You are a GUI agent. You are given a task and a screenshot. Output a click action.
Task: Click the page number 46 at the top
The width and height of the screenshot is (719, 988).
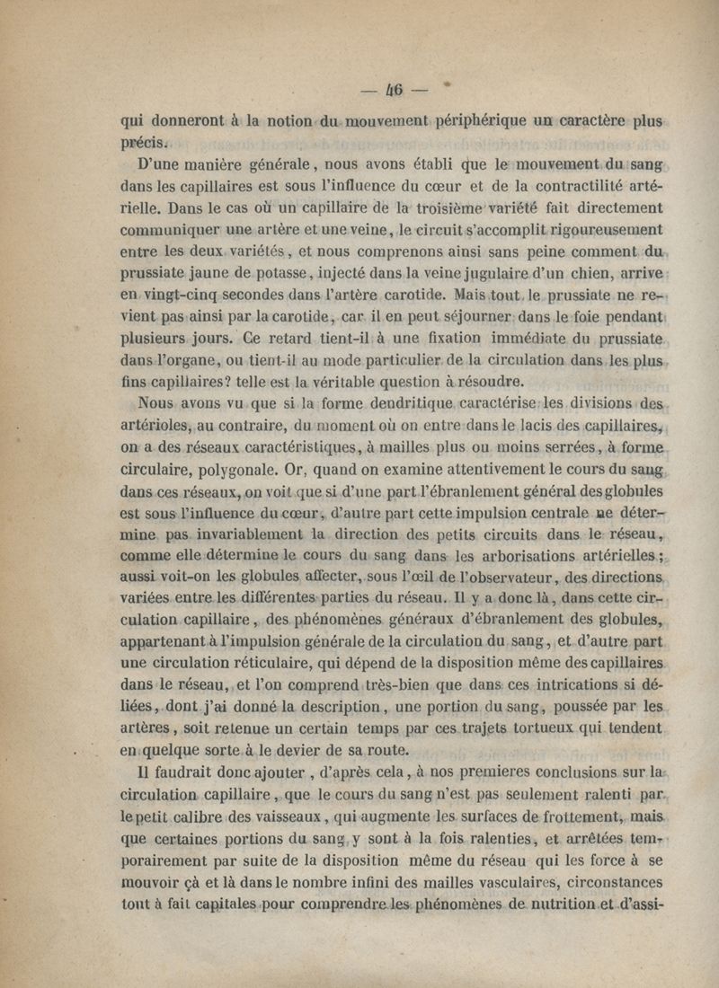395,89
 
